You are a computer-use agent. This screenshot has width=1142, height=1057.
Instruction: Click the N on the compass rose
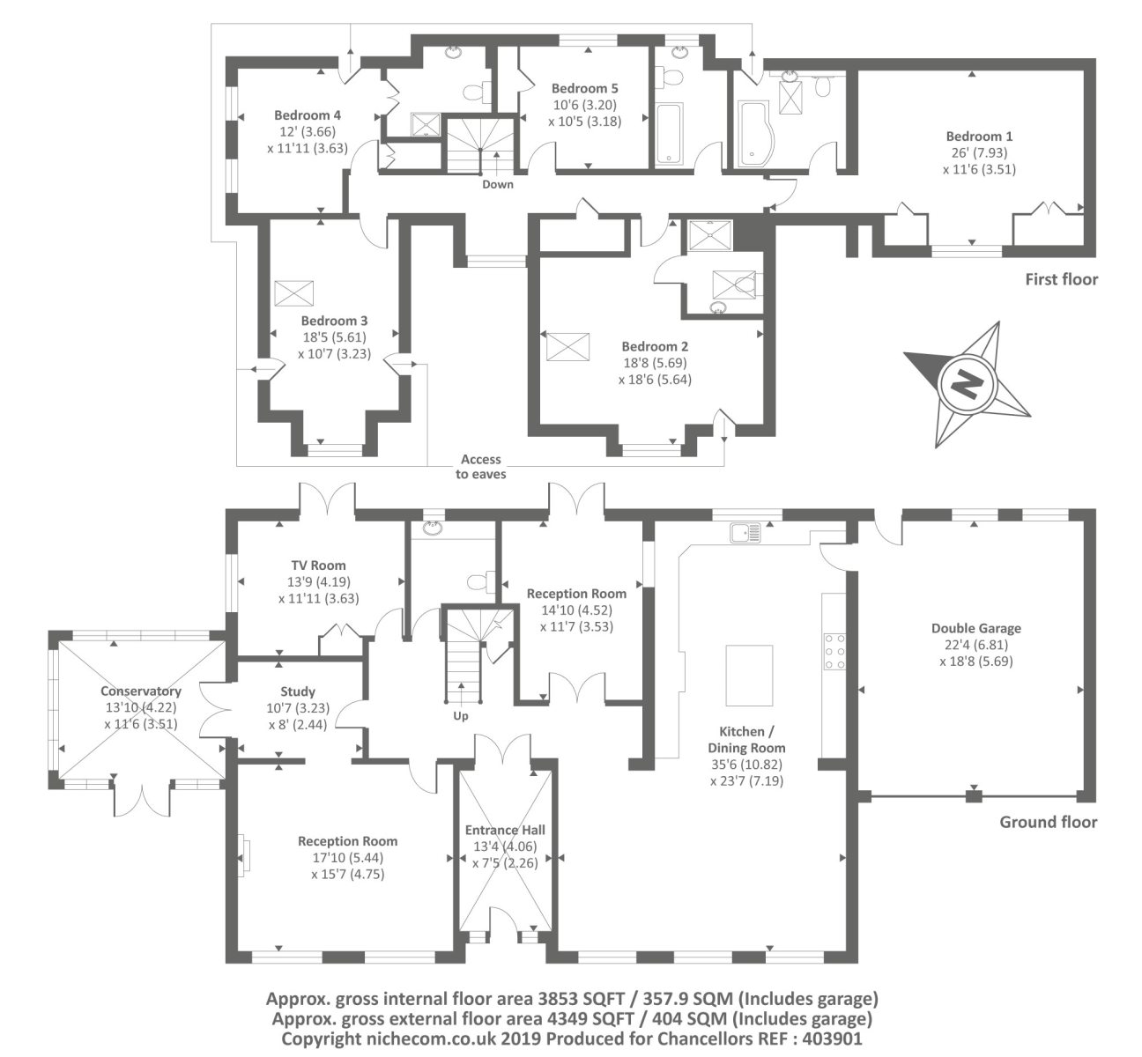[x=966, y=385]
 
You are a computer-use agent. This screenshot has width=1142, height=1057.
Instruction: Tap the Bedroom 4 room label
[x=308, y=115]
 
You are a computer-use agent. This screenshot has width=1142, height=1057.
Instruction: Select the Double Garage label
[x=976, y=629]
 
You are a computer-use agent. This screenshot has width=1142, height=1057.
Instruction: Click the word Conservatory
[x=141, y=691]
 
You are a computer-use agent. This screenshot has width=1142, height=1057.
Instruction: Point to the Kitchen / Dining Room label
[x=746, y=740]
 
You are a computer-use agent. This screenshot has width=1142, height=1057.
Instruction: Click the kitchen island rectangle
[x=749, y=675]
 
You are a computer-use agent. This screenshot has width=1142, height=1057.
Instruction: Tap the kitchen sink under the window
[x=745, y=533]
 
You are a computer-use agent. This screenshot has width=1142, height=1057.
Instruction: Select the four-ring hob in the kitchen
[x=834, y=651]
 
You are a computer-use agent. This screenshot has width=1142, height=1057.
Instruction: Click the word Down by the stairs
[x=497, y=185]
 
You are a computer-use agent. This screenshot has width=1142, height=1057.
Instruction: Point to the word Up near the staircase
[x=461, y=716]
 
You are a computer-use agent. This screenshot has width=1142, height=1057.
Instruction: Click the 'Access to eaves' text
[x=481, y=466]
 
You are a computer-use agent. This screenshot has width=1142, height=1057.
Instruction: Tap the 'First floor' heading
[x=1062, y=279]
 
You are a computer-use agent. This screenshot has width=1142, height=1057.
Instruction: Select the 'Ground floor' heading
[x=1049, y=822]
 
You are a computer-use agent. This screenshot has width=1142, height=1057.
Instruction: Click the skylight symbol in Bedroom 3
[x=293, y=293]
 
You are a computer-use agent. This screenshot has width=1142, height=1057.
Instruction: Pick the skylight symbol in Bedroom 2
[x=567, y=347]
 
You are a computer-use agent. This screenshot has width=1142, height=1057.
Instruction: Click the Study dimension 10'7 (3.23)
[x=297, y=708]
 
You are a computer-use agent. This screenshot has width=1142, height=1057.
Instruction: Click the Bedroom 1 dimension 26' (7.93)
[x=979, y=153]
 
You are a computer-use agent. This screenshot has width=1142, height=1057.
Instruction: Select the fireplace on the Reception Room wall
[x=244, y=855]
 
